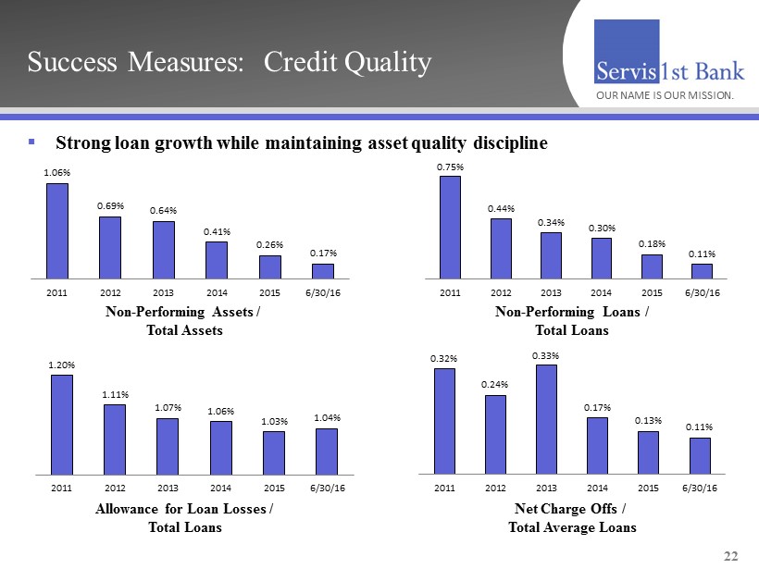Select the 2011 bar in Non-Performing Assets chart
click(x=57, y=230)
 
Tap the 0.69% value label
click(x=110, y=204)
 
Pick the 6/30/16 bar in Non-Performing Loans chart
click(x=702, y=270)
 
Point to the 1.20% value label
click(x=62, y=365)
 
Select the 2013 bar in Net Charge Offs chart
click(x=546, y=418)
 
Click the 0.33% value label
click(x=546, y=354)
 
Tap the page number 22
click(x=731, y=555)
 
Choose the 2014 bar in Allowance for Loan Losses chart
click(x=221, y=447)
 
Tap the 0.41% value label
click(x=218, y=231)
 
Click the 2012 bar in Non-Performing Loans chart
click(x=501, y=247)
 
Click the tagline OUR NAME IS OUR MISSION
click(x=665, y=96)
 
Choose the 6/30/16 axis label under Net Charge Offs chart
click(x=701, y=487)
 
